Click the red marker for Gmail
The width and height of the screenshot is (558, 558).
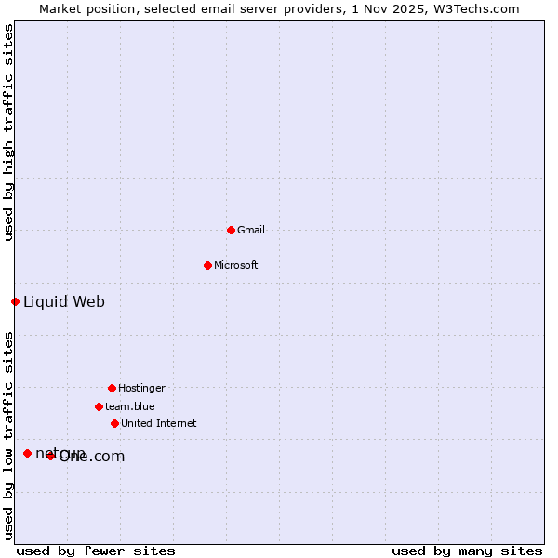pos(231,230)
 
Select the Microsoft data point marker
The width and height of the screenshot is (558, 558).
pos(207,265)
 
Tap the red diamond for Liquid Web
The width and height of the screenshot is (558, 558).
pos(15,301)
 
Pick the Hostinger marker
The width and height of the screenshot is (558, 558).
pos(112,388)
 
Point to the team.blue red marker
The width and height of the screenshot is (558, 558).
pos(99,406)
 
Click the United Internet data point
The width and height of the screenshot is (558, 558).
pos(114,423)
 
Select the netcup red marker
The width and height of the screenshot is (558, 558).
pos(27,453)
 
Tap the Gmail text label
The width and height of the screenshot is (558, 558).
pos(251,230)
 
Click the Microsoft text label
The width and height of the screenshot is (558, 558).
pos(236,265)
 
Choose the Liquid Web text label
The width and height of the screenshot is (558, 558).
pos(64,301)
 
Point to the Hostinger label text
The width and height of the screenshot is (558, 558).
pos(141,388)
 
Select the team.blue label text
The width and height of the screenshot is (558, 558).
pos(130,406)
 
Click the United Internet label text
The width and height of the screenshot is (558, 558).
pos(159,423)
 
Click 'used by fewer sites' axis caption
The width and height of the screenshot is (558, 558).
pos(96,551)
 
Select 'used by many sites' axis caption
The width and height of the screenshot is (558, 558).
pos(467,551)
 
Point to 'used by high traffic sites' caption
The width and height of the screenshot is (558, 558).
pos(8,132)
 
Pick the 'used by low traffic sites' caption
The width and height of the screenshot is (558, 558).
pos(8,435)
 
